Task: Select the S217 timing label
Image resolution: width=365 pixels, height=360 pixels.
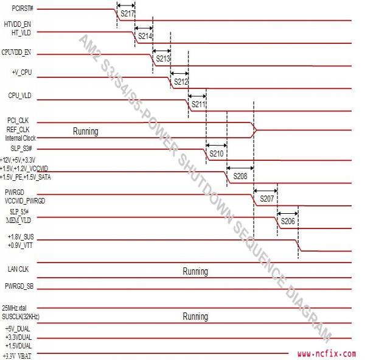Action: (x=127, y=13)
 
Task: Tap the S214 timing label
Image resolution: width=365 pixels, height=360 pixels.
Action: (x=145, y=37)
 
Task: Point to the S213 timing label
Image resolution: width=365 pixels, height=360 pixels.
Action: (x=162, y=59)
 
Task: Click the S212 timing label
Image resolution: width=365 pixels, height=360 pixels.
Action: (x=181, y=82)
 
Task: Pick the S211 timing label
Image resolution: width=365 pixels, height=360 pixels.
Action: (x=198, y=105)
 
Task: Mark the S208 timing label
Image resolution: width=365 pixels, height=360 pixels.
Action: (x=240, y=176)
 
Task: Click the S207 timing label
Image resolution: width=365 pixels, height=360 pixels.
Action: (x=266, y=199)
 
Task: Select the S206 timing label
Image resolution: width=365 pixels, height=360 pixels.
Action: (x=288, y=222)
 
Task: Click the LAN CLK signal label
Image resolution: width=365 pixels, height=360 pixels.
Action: (x=18, y=267)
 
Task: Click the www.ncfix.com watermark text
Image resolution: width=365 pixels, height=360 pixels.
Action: (x=327, y=353)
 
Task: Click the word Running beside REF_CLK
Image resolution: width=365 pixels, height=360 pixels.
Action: (x=85, y=131)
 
